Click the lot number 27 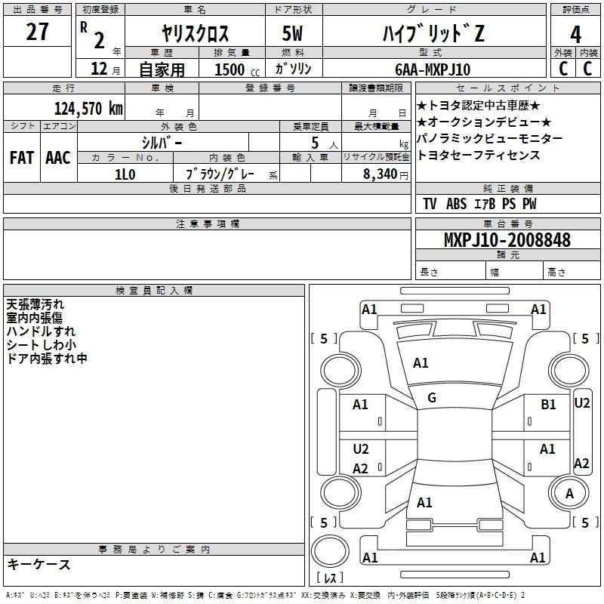[x=37, y=32]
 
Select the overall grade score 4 [x=575, y=34]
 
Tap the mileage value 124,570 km [x=88, y=109]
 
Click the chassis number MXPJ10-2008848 [x=507, y=239]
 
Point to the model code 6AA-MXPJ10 [x=433, y=69]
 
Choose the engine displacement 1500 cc [x=237, y=69]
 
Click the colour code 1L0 [x=125, y=174]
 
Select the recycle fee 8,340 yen [x=386, y=174]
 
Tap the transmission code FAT [x=22, y=158]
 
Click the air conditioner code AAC [x=58, y=158]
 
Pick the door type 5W [x=292, y=33]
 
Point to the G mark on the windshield [x=432, y=398]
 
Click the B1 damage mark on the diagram [x=548, y=405]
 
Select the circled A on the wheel [x=569, y=494]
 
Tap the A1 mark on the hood [x=421, y=363]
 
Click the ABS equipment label [x=457, y=204]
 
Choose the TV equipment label [x=430, y=204]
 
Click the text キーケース [x=39, y=565]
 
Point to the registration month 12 [x=99, y=69]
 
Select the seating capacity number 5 [x=315, y=143]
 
